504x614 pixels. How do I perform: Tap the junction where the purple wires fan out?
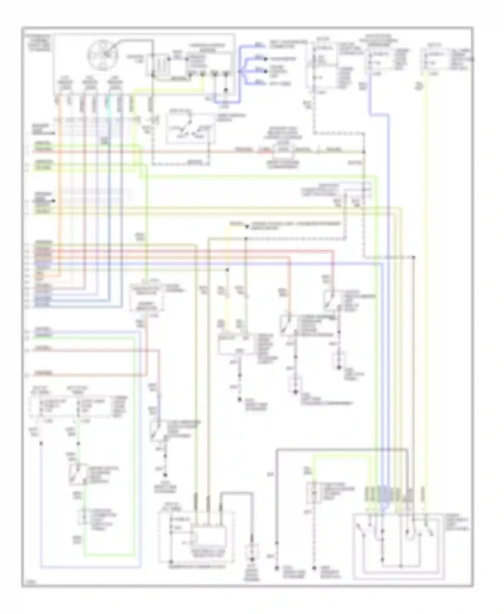tap(240, 71)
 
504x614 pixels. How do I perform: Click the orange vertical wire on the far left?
tap(60, 188)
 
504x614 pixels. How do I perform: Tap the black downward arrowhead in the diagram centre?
tap(247, 227)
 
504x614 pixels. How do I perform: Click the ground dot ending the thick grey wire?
tap(277, 568)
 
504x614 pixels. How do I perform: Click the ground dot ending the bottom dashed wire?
tap(314, 568)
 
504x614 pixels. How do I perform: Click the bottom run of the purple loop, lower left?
tap(91, 567)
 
